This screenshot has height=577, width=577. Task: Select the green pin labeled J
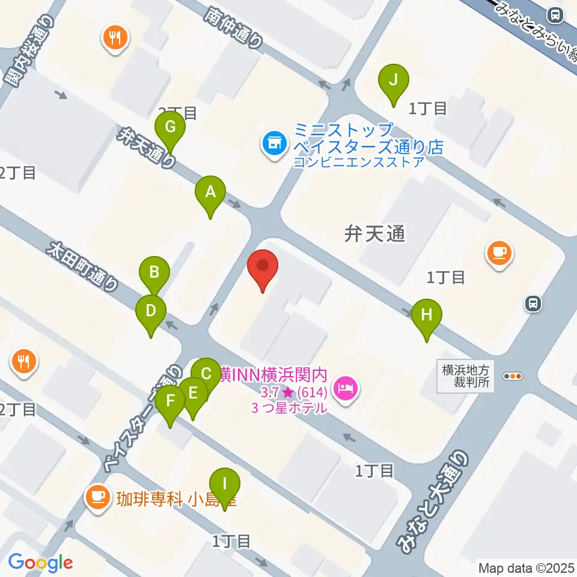tap(394, 81)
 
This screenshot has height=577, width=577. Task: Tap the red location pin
tap(263, 267)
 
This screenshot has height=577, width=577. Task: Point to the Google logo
tap(40, 562)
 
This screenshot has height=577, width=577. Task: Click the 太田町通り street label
tap(83, 266)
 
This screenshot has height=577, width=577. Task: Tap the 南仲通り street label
tap(234, 27)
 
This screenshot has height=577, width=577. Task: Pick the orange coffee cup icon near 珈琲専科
tap(97, 497)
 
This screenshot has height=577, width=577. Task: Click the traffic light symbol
tap(513, 376)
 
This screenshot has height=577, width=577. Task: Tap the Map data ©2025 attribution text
tap(527, 567)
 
